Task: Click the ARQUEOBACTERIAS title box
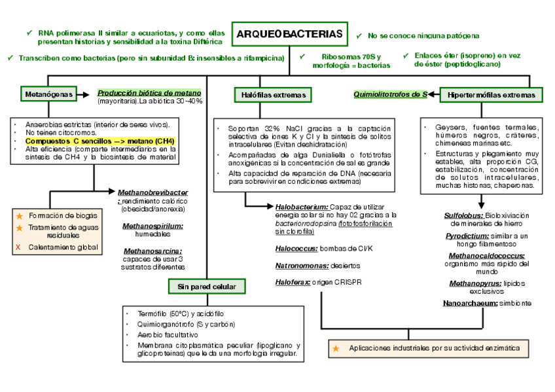[x=289, y=34]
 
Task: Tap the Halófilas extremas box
[x=270, y=96]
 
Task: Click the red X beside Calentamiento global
[x=18, y=247]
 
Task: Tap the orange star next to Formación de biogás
[x=19, y=215]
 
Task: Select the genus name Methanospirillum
[x=152, y=226]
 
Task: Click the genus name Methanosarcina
[x=152, y=251]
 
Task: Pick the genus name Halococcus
[x=296, y=249]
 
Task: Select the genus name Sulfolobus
[x=463, y=215]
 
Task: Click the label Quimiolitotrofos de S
[x=390, y=94]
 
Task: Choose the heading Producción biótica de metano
[x=149, y=93]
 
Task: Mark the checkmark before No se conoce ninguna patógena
[x=359, y=35]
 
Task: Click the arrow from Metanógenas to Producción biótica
[x=85, y=95]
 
